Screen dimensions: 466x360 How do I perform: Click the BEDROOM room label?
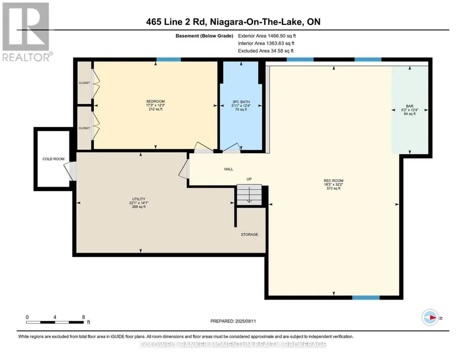[155, 101]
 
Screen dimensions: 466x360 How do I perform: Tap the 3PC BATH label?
[241, 102]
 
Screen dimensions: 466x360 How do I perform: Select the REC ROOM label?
[333, 180]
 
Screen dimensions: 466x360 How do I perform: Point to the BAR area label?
[410, 106]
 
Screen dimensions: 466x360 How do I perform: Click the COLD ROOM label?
[54, 159]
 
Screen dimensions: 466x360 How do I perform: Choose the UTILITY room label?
[139, 199]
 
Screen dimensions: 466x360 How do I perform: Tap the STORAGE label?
[249, 235]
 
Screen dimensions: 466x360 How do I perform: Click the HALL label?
[229, 169]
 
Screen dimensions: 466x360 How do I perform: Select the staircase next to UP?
[249, 195]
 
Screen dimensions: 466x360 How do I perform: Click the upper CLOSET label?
[84, 83]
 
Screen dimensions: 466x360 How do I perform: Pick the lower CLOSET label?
[84, 128]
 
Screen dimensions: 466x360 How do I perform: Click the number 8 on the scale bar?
[84, 317]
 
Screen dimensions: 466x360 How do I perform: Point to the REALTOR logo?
[27, 32]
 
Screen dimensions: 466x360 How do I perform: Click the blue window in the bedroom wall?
[168, 59]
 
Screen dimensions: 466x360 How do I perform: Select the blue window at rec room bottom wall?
[366, 298]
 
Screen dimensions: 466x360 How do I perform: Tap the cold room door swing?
[70, 171]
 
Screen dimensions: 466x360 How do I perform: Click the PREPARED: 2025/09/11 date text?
[233, 321]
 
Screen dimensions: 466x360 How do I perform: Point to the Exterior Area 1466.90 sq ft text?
[267, 36]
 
